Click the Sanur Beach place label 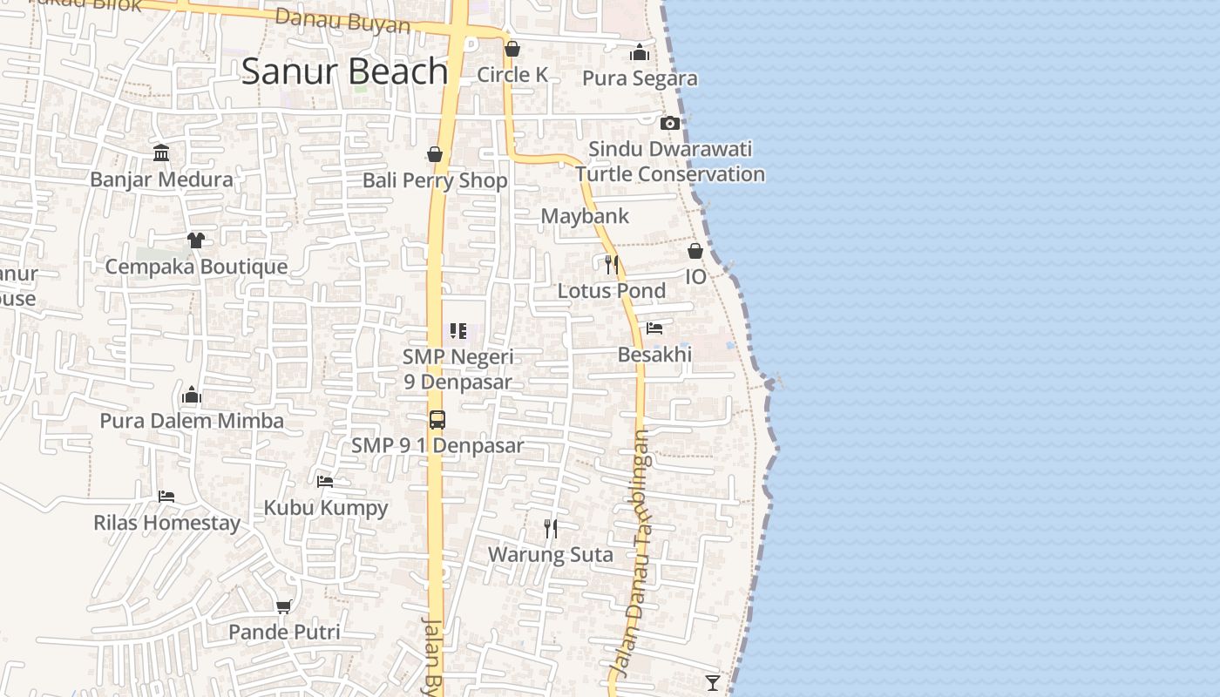[x=344, y=71]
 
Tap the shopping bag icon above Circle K [x=512, y=49]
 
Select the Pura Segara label [x=640, y=78]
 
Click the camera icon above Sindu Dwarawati [x=669, y=123]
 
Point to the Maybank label [x=585, y=216]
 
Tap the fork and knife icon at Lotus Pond [x=612, y=264]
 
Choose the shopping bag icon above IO [x=695, y=251]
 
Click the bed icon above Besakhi [x=654, y=328]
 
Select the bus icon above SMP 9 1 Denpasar [x=437, y=419]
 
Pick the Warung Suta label [x=550, y=555]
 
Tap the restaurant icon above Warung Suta [x=551, y=528]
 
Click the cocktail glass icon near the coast [x=713, y=682]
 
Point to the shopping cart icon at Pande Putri [x=283, y=606]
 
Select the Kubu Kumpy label [x=326, y=508]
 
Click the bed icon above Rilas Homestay [x=166, y=497]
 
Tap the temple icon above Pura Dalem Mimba [x=192, y=396]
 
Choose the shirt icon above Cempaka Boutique [x=195, y=240]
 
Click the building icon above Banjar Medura [x=161, y=153]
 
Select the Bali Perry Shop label [x=435, y=181]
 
